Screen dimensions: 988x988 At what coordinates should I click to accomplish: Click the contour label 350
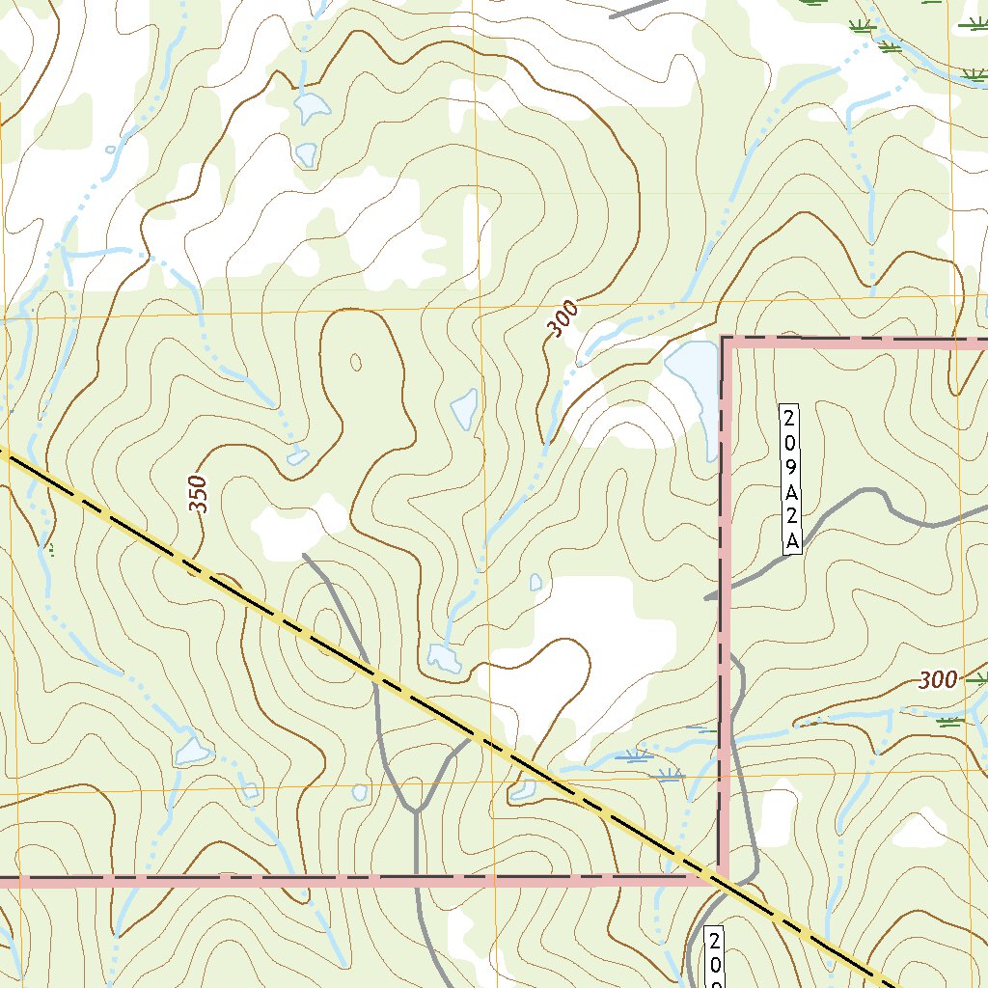coord(198,494)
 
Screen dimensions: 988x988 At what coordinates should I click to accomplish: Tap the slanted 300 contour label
coord(563,319)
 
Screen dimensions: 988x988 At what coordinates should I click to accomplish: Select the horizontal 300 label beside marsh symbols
coord(938,680)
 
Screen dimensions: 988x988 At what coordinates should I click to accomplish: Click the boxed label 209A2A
coord(791,480)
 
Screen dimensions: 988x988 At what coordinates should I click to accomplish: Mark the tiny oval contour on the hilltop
coord(355,363)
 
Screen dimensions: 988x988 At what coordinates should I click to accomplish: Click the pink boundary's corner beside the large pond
coord(724,339)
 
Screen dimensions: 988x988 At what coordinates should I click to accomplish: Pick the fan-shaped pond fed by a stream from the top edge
coord(311,108)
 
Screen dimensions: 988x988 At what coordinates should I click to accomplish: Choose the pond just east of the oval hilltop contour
coord(464,410)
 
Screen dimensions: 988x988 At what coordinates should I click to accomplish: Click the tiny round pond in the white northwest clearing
coord(110,150)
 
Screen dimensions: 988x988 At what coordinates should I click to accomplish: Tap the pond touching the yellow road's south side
coord(523,791)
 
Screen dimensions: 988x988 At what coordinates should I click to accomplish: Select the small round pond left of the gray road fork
coord(360,792)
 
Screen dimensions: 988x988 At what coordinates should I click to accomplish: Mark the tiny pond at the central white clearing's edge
coord(535,583)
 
